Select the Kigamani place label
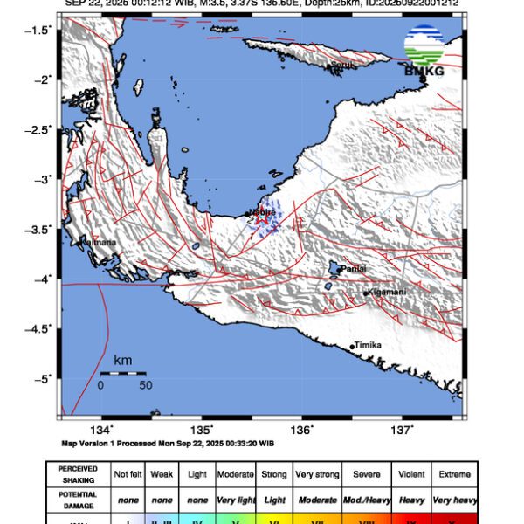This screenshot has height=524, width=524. tap(385, 292)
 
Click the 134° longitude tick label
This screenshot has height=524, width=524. tap(102, 429)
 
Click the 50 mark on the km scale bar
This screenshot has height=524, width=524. tap(145, 384)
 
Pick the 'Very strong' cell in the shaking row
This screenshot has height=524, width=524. tap(316, 474)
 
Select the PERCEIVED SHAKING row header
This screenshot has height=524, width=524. tap(78, 474)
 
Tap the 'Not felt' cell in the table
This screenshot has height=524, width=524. tap(129, 474)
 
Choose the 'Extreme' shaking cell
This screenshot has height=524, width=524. tap(454, 474)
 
